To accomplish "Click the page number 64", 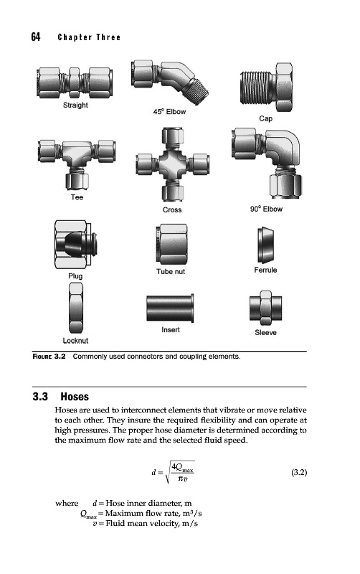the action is [35, 37].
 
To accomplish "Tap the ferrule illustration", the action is [265, 245].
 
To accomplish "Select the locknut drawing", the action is [76, 308].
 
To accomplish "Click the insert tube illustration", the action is [170, 309].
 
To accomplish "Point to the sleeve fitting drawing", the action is [265, 308].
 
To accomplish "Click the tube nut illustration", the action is [171, 244].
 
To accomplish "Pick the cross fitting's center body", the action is [172, 164].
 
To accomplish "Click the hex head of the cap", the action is [284, 87].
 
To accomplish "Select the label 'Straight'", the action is [75, 105].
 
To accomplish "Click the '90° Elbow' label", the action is [266, 209].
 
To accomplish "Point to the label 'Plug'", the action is [75, 276].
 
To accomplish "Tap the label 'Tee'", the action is [77, 197].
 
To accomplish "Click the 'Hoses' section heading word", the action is [75, 397].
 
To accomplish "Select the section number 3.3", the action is [40, 397].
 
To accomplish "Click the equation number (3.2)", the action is [299, 472].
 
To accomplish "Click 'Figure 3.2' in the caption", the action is [49, 357].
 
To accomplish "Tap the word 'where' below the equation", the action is [67, 504].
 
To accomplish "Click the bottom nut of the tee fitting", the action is [77, 182].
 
